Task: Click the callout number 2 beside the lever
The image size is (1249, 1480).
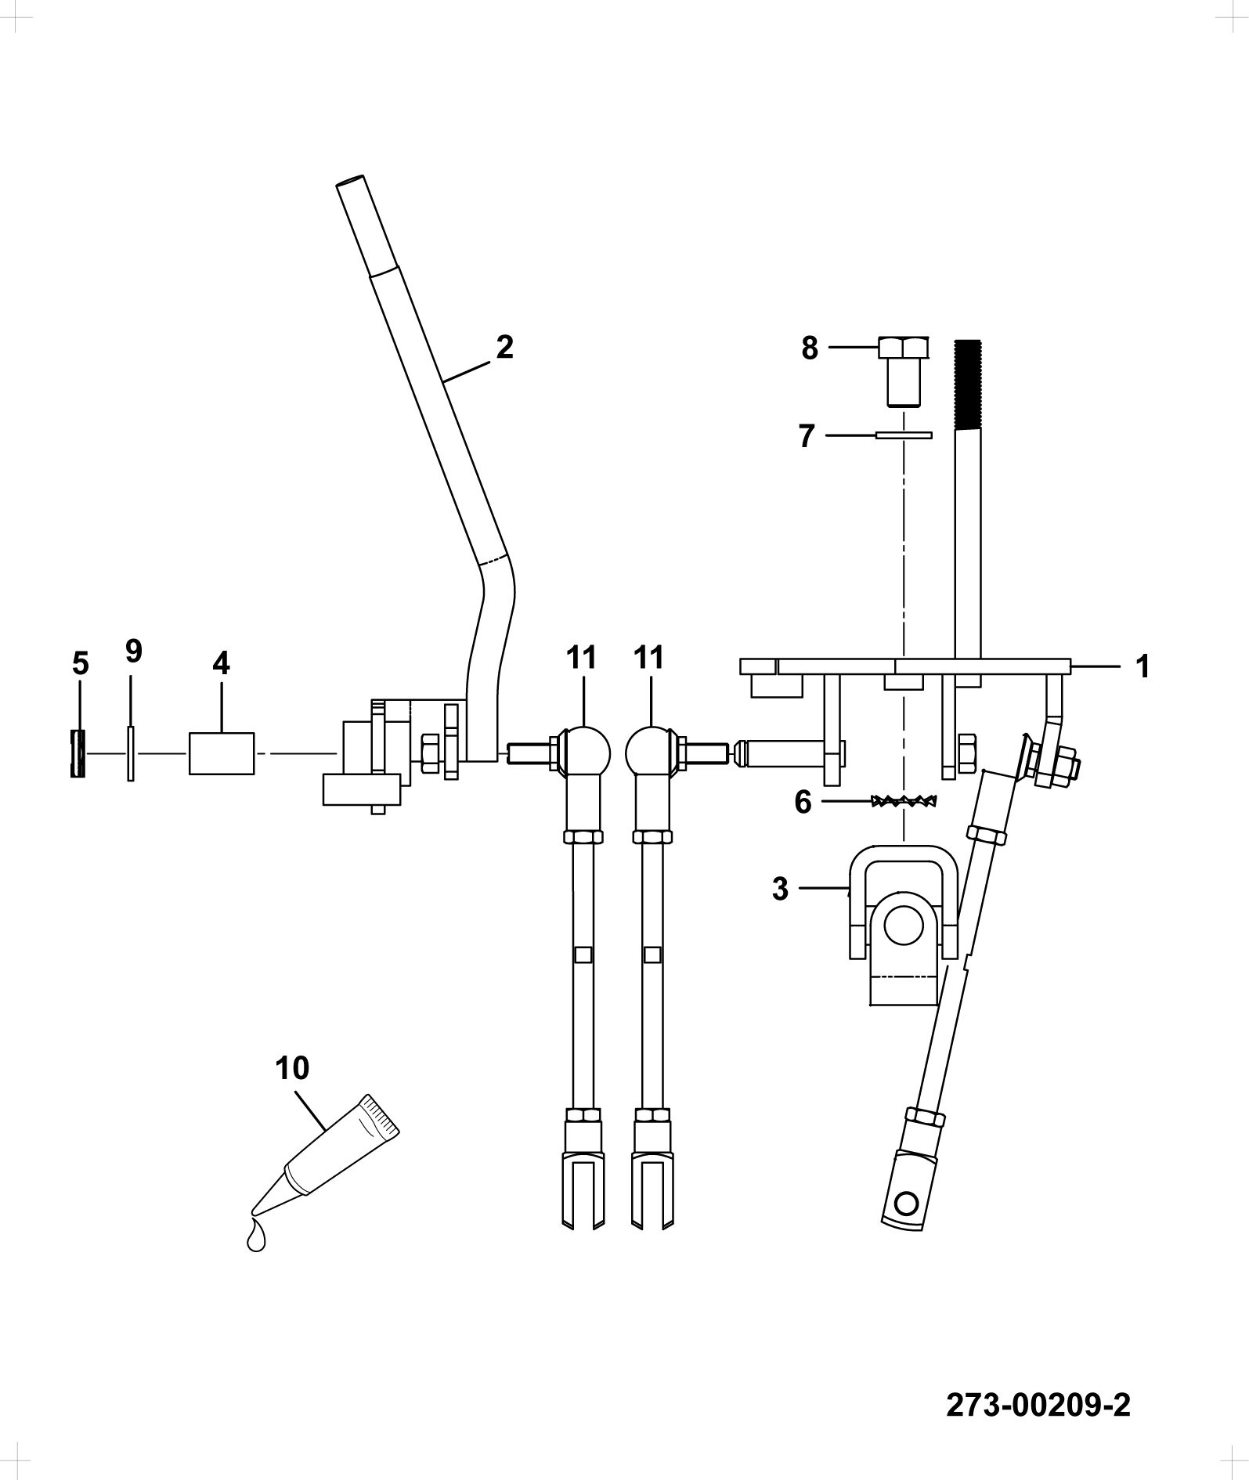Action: click(504, 347)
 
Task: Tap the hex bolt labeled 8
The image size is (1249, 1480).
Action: click(904, 371)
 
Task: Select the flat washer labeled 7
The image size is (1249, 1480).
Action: click(904, 435)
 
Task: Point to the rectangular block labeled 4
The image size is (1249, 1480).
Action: click(222, 753)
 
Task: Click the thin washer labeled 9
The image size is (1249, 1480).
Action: click(131, 753)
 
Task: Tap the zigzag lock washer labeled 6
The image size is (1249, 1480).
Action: click(905, 801)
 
